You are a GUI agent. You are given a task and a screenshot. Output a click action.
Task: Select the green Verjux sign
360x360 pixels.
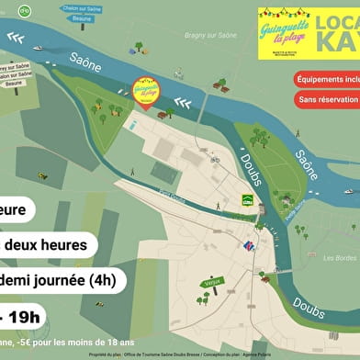(x=213, y=281)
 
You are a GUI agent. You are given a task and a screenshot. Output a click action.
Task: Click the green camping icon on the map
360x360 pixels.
(x=247, y=199)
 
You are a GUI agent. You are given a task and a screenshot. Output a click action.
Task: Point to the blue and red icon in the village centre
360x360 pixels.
(x=247, y=245)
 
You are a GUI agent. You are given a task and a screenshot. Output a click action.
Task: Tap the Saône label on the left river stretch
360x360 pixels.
(x=85, y=64)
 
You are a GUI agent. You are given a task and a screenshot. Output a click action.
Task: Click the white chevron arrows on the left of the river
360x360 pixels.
(x=16, y=38)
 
